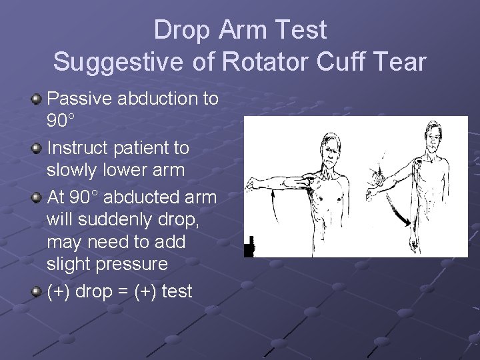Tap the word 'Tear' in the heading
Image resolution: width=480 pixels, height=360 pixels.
pyautogui.click(x=398, y=62)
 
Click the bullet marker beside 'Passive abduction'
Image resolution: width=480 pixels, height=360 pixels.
pyautogui.click(x=37, y=99)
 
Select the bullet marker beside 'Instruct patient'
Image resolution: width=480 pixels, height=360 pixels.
pyautogui.click(x=37, y=148)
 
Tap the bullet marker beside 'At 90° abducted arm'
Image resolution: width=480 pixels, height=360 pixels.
pyautogui.click(x=37, y=198)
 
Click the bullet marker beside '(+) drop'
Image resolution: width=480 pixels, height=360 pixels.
pyautogui.click(x=37, y=291)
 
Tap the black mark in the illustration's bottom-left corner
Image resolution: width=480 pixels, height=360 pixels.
pyautogui.click(x=250, y=246)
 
